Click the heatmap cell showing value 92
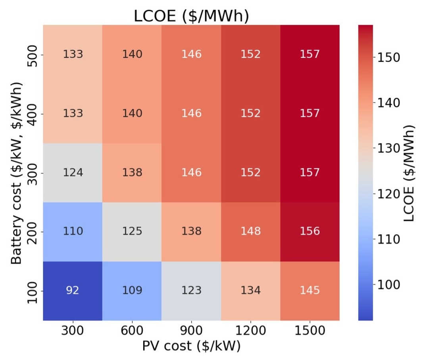(x=73, y=291)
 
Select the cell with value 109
(x=132, y=291)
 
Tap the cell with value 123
(x=191, y=291)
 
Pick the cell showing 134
(x=251, y=291)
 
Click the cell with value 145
(x=310, y=291)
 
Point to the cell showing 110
(x=73, y=231)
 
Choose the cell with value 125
(x=132, y=231)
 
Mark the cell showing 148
(x=251, y=231)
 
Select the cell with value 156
(x=310, y=231)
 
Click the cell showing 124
(x=73, y=173)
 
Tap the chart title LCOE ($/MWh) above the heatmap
(x=191, y=16)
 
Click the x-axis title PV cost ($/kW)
(x=191, y=346)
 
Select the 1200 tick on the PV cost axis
(x=251, y=330)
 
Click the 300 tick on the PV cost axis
(x=73, y=330)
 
